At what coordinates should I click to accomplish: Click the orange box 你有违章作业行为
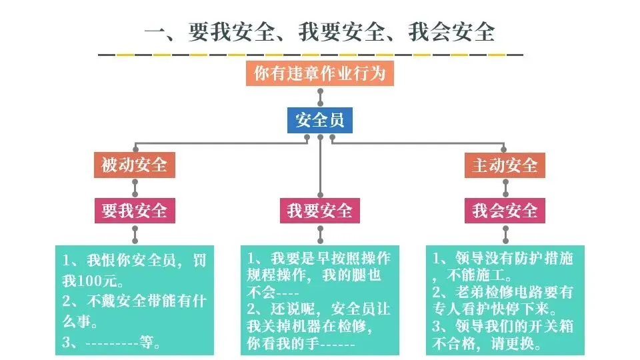(x=320, y=73)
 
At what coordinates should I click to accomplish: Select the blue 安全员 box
(x=320, y=121)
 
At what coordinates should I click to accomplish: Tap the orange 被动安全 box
(x=134, y=165)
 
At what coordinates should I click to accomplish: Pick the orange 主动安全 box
(x=505, y=165)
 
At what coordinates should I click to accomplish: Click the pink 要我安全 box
(x=134, y=211)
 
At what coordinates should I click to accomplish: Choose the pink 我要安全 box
(x=319, y=211)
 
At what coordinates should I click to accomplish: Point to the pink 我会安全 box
(x=505, y=211)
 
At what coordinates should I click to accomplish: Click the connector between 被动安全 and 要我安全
(x=134, y=188)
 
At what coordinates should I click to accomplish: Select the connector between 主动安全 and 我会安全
(x=505, y=188)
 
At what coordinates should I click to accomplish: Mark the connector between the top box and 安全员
(x=320, y=97)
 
